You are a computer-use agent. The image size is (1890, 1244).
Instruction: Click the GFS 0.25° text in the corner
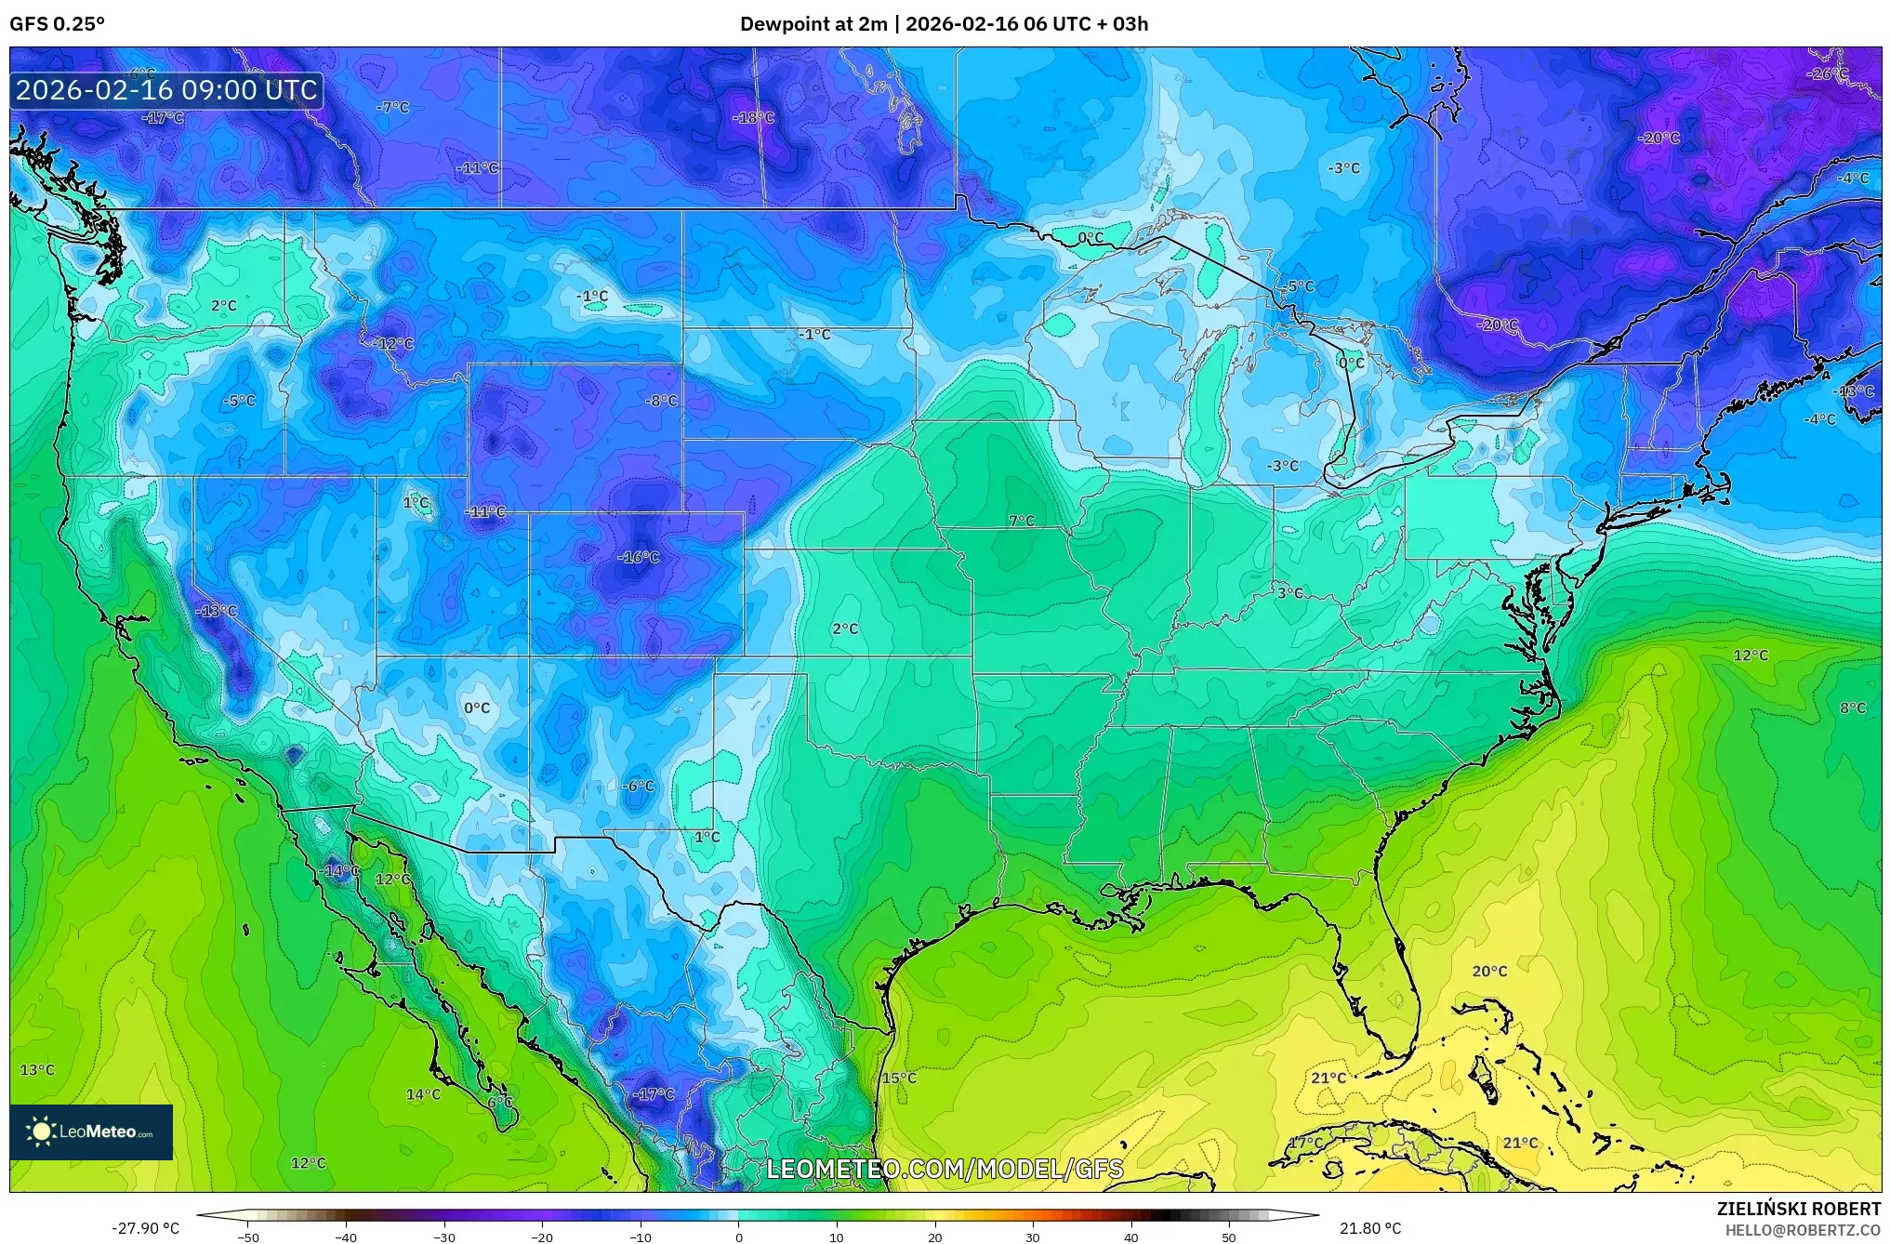tap(57, 24)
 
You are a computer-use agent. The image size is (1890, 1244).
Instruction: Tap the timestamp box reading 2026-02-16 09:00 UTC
tap(166, 90)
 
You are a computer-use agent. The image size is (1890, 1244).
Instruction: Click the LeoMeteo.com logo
tap(91, 1132)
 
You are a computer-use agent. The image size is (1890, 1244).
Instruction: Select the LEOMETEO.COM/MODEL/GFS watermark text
tap(944, 1169)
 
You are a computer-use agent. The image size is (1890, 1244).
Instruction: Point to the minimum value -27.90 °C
tap(146, 1228)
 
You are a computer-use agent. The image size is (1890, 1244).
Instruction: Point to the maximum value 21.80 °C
tap(1369, 1228)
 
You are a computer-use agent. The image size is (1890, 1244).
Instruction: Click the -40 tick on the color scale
tap(346, 1237)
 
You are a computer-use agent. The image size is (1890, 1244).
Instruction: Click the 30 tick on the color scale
tap(1033, 1237)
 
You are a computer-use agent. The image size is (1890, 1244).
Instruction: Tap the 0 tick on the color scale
tap(739, 1237)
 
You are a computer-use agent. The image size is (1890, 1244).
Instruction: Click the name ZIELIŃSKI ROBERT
tap(1798, 1209)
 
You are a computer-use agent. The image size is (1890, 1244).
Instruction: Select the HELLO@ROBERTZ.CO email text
tap(1803, 1230)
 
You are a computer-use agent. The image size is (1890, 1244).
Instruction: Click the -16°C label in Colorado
tap(639, 557)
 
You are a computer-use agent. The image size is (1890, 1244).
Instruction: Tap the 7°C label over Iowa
tap(1022, 521)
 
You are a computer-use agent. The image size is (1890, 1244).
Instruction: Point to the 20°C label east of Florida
tap(1489, 971)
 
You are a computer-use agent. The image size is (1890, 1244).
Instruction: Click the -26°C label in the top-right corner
tap(1827, 73)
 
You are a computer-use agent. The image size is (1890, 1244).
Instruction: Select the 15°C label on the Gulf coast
tap(899, 1078)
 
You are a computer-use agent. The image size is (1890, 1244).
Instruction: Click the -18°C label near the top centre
tap(753, 117)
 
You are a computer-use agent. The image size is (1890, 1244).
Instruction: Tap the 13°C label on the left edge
tap(37, 1069)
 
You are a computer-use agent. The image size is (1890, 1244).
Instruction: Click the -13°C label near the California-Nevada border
tap(217, 611)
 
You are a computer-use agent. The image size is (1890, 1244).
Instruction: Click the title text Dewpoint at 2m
tap(813, 24)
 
